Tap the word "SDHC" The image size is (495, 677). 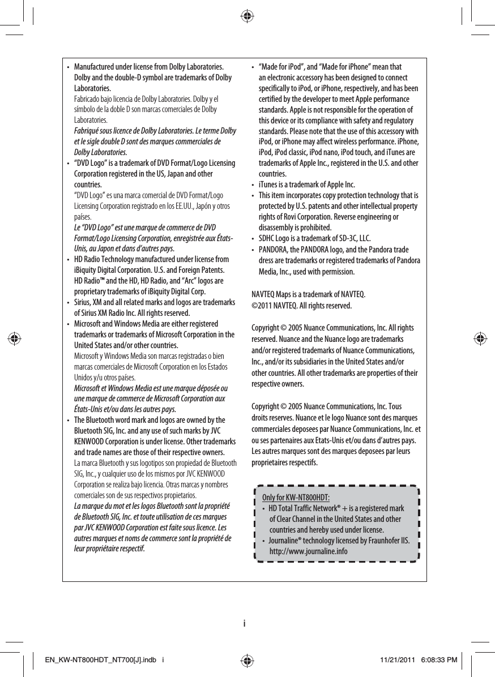[267, 238]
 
